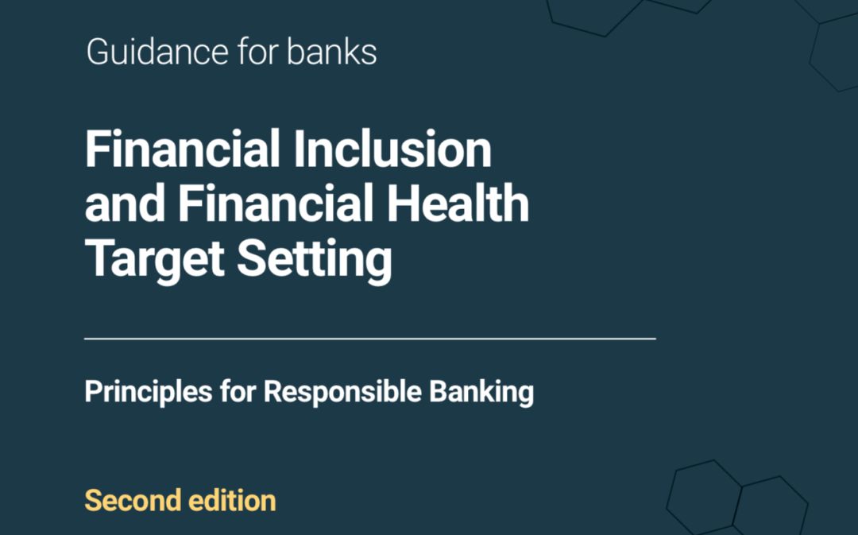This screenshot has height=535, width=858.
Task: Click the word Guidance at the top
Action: tap(157, 52)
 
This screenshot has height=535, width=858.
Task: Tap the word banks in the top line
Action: tap(331, 52)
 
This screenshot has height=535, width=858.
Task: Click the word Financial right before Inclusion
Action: tap(183, 149)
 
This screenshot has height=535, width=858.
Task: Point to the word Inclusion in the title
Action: tap(392, 149)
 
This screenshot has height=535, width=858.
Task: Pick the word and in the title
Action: tap(125, 204)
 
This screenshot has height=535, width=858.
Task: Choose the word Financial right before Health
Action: tap(276, 204)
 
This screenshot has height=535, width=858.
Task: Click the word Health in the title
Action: tap(458, 204)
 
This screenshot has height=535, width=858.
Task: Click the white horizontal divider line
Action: tap(370, 339)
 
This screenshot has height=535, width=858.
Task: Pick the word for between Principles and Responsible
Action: tap(238, 392)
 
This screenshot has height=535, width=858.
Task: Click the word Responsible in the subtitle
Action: tap(342, 392)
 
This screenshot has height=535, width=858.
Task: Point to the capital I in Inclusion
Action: tap(299, 149)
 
